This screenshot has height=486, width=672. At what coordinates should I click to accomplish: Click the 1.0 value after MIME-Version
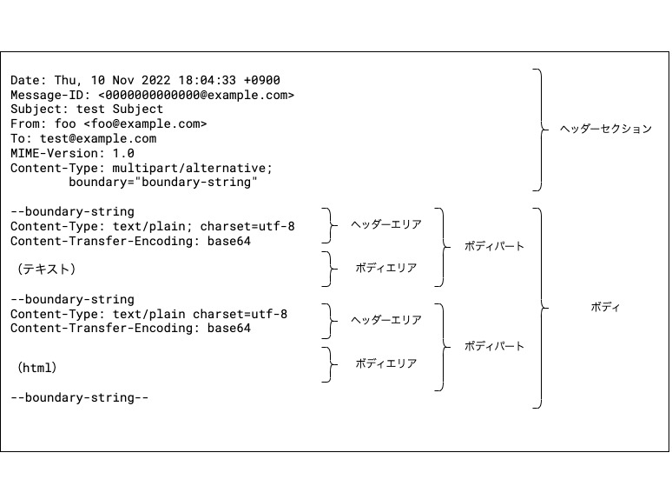pos(124,152)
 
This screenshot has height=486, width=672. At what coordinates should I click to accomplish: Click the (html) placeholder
pos(37,368)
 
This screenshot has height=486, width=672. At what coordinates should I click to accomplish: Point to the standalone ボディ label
pos(604,308)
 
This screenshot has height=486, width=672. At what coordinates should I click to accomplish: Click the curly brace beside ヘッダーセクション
pos(540,130)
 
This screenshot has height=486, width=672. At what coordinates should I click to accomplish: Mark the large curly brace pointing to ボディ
pos(540,308)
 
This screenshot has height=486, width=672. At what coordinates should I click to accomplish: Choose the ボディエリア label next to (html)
pos(386,364)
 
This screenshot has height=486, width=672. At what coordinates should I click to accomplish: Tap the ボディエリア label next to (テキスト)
pos(386,269)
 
